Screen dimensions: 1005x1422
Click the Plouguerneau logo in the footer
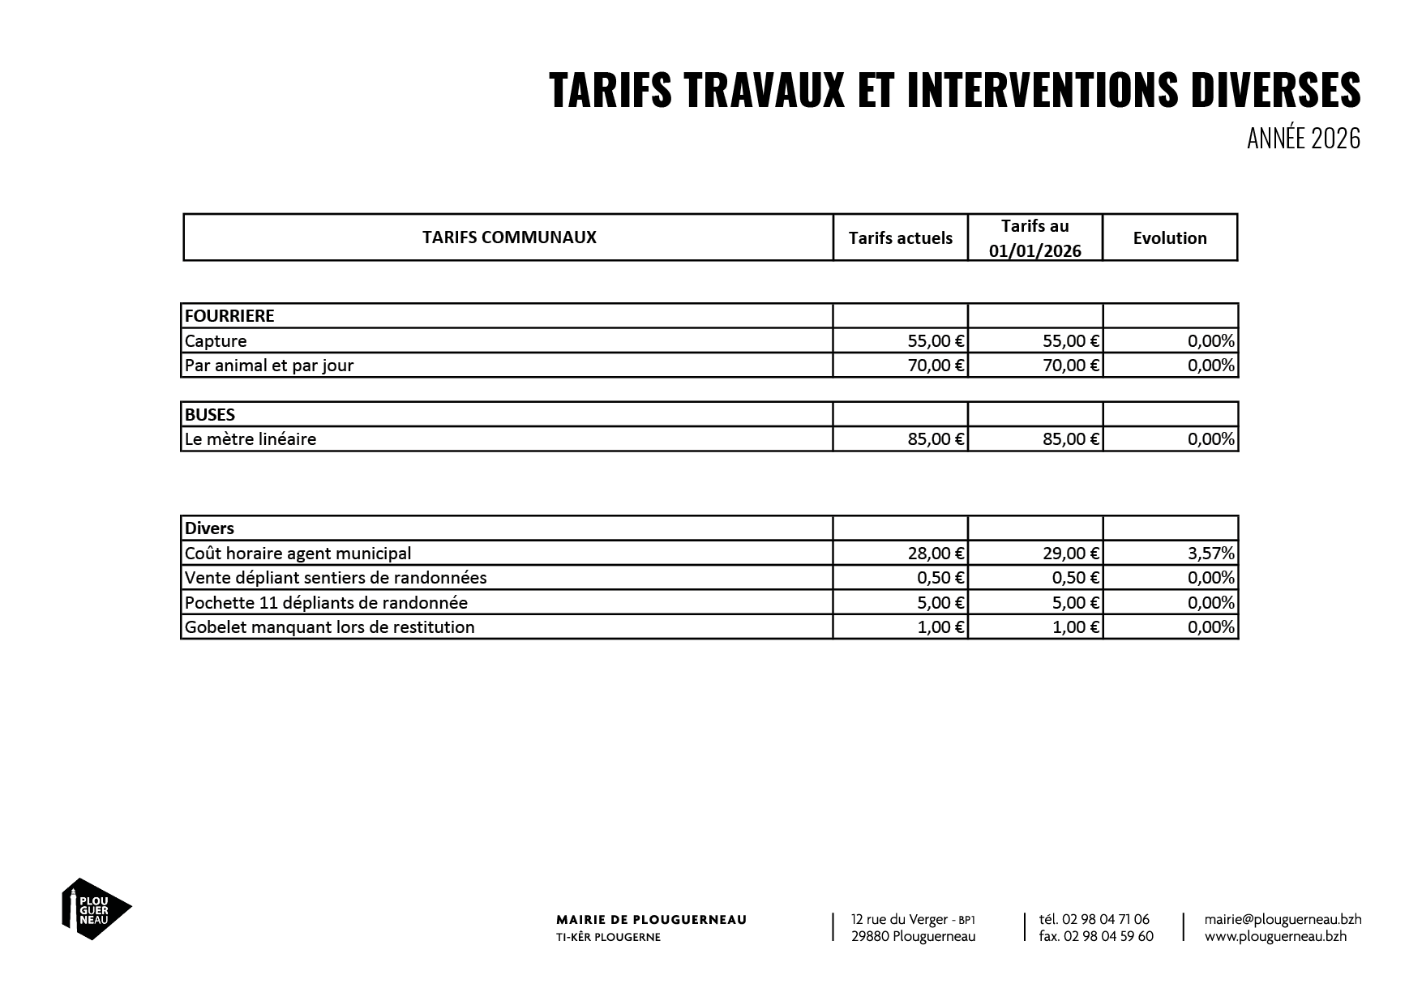click(x=96, y=908)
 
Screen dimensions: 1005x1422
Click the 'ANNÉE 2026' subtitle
click(x=1303, y=139)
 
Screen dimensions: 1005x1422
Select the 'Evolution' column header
click(x=1169, y=238)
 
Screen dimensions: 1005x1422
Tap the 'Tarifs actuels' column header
click(x=900, y=238)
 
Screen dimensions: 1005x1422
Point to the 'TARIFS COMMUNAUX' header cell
click(x=509, y=237)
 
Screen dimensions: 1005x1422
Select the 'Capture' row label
click(x=216, y=341)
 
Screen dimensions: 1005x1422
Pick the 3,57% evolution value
click(x=1211, y=554)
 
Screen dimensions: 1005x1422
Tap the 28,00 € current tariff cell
click(x=936, y=554)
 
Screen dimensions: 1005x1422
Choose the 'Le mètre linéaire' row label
click(x=251, y=439)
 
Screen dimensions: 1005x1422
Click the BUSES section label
click(x=210, y=415)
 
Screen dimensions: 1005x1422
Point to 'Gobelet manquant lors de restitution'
click(x=329, y=627)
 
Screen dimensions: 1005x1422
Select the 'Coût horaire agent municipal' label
click(x=298, y=554)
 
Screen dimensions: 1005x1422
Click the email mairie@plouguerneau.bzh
click(x=1283, y=920)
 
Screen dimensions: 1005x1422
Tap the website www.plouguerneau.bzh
click(x=1275, y=936)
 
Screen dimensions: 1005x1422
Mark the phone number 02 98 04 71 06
click(x=1105, y=920)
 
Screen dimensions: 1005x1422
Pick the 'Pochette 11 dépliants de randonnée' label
click(x=326, y=603)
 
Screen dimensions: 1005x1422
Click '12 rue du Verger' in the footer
click(x=899, y=920)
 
